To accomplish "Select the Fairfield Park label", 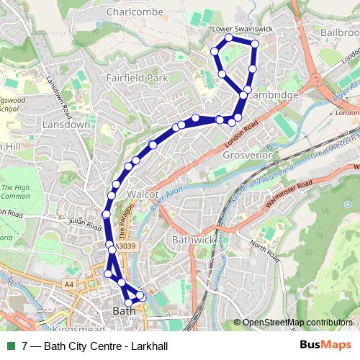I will [136, 76].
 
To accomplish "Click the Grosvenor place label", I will [246, 154].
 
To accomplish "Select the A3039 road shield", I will [125, 246].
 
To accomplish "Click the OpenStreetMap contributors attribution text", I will [296, 322].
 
